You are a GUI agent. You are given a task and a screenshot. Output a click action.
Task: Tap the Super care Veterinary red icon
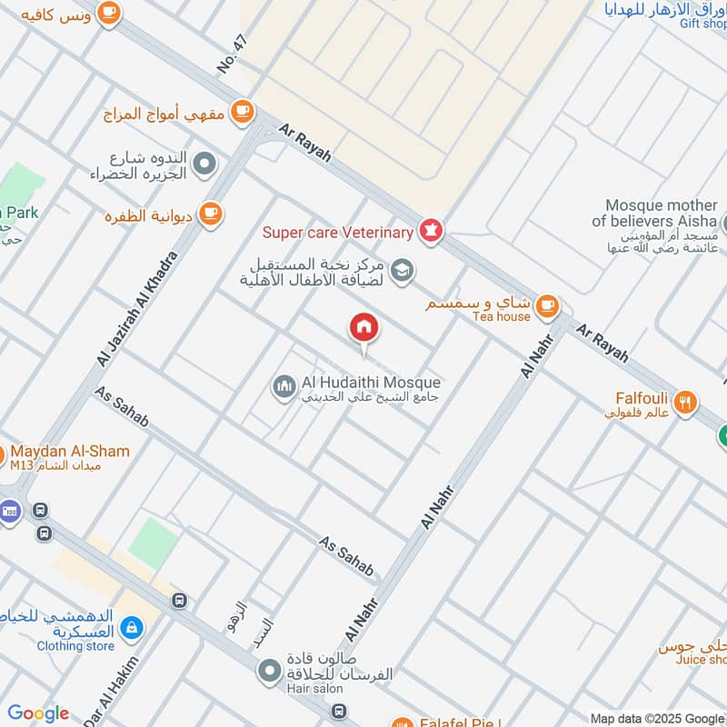coord(431,232)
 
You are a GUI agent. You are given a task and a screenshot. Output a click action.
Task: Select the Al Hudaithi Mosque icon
coord(284,388)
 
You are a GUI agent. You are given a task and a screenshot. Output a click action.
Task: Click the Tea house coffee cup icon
coord(546,305)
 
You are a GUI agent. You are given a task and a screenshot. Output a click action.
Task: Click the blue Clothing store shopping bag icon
coord(133,627)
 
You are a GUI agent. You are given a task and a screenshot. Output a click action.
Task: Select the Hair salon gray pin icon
coord(269,673)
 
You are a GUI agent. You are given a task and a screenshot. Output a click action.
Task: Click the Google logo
coord(38,713)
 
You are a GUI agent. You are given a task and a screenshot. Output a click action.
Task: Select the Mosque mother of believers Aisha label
coord(661,214)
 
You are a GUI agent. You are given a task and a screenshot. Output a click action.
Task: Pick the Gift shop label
coord(702,24)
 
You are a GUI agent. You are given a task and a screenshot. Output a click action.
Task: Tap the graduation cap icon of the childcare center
coord(402,270)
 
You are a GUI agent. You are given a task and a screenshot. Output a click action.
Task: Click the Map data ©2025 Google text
coord(657,718)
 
